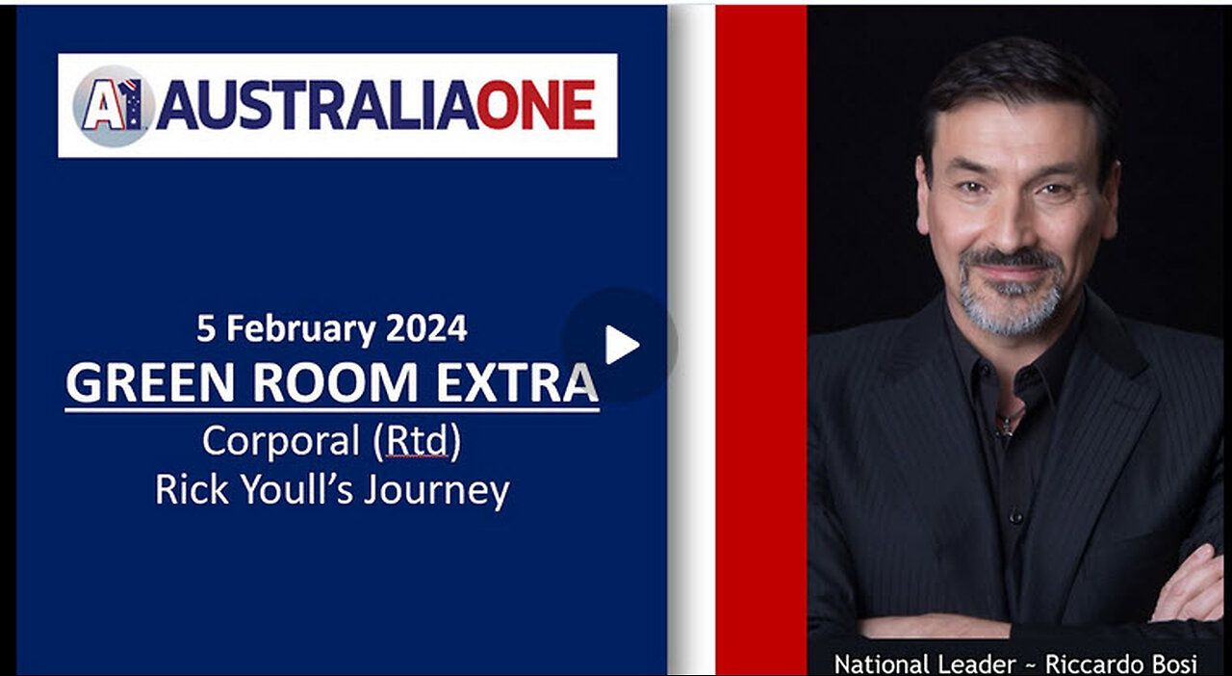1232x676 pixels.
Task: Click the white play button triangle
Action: [621, 345]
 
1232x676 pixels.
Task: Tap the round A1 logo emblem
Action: [113, 106]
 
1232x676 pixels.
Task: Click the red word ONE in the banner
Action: [536, 105]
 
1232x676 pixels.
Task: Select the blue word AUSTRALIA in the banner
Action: [318, 105]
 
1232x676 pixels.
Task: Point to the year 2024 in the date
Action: [426, 328]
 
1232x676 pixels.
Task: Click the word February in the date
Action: [301, 329]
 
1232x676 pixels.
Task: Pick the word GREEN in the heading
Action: [149, 382]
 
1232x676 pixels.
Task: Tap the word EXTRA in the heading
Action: [517, 382]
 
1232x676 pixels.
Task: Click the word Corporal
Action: [281, 442]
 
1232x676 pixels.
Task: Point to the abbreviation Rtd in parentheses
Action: [417, 441]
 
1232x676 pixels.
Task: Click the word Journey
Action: [437, 491]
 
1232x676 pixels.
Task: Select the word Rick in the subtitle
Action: [192, 489]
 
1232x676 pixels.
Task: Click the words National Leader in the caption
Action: [925, 663]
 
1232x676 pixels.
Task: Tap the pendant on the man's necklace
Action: [1007, 426]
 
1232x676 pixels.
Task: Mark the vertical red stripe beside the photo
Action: [761, 340]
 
